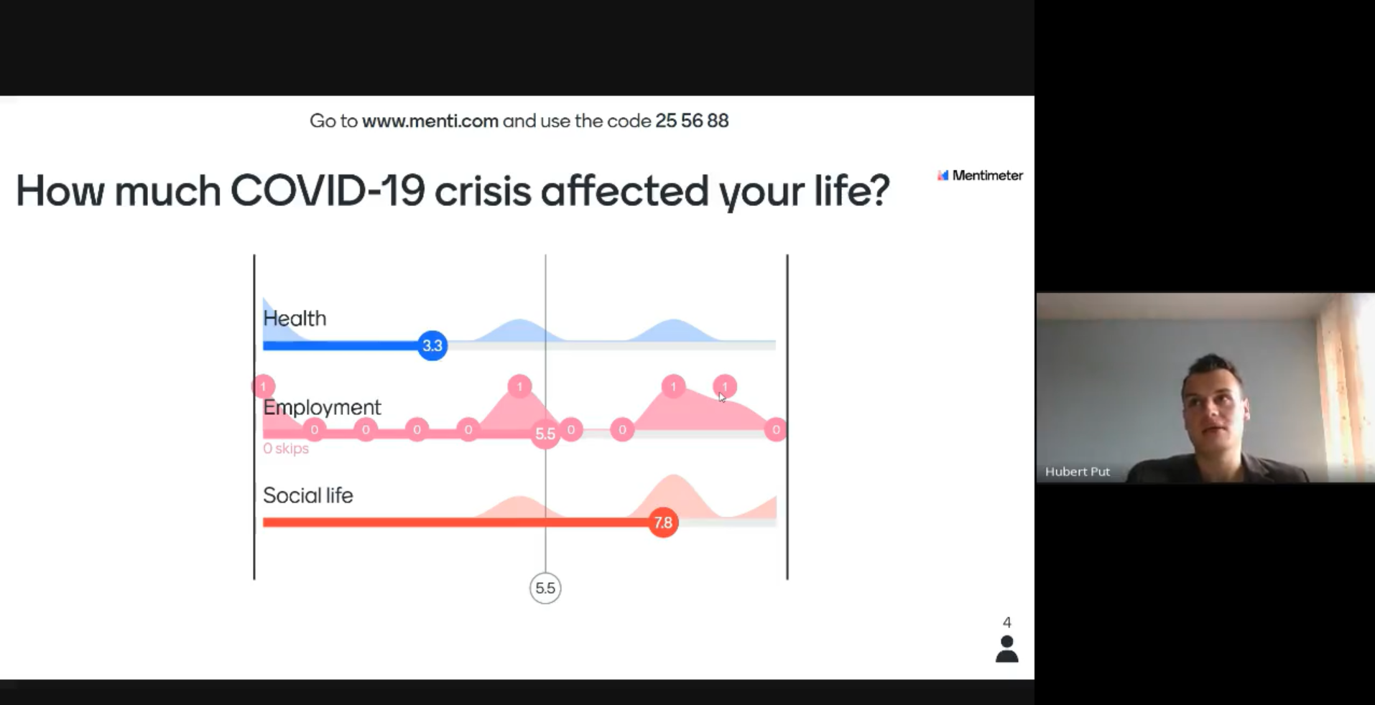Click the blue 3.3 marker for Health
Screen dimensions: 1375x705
(x=432, y=345)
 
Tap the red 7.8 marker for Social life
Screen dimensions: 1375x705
(x=663, y=523)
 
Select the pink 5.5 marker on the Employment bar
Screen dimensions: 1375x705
(x=545, y=434)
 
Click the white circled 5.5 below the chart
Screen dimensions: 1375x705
(x=545, y=588)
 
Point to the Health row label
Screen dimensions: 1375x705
(x=295, y=318)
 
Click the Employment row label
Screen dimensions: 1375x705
(x=322, y=407)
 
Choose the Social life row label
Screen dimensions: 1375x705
(x=308, y=495)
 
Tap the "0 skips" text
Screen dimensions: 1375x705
(x=286, y=449)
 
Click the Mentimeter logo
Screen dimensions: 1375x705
(x=980, y=175)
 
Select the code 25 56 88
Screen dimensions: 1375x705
(x=692, y=121)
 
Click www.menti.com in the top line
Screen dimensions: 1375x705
(x=430, y=121)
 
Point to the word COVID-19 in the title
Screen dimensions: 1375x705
(x=328, y=191)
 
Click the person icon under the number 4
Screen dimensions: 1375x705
(x=1007, y=649)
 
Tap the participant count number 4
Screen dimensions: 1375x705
(x=1007, y=622)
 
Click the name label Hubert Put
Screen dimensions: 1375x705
(x=1078, y=472)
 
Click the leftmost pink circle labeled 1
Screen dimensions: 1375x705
(x=264, y=386)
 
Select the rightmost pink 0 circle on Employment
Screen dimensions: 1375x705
(x=776, y=430)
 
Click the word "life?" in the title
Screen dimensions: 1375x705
(x=852, y=191)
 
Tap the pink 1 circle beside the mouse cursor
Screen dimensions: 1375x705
(x=725, y=386)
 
